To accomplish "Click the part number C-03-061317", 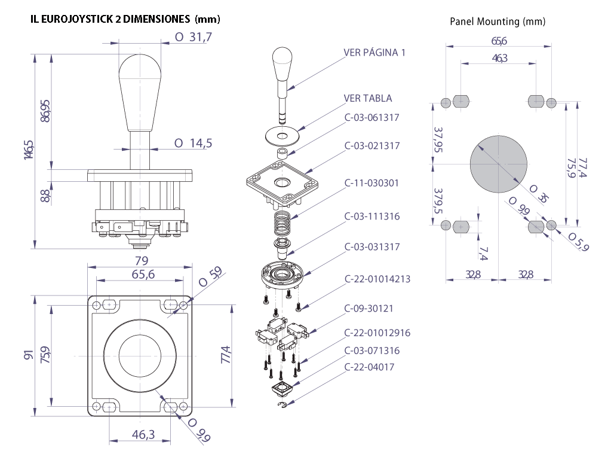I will pos(371,118).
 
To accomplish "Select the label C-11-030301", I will pos(371,183).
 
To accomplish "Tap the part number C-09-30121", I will pos(369,309).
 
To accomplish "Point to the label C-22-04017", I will pos(369,367).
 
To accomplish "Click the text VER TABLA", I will pos(368,98).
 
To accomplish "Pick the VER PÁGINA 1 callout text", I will pos(374,53).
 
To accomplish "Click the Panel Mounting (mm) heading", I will pos(498,22).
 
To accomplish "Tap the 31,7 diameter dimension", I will pos(194,37).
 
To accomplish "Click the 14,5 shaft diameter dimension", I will pos(194,144).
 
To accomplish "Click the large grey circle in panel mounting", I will pos(499,163).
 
